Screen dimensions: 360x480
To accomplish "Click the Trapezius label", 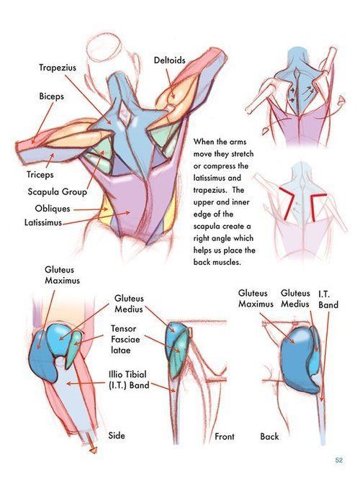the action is pos(58,68).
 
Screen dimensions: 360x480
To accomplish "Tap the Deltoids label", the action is pos(169,60).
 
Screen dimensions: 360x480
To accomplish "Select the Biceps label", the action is pos(51,96).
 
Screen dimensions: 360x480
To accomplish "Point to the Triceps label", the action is pos(40,175).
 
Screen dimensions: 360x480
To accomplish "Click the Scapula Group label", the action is pos(58,192).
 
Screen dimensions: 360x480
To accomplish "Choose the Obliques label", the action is pos(53,209).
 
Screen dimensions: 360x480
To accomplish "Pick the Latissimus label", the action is pos(43,222).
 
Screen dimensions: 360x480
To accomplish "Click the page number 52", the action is pos(339,460).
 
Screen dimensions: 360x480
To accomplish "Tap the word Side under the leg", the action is pos(117,435).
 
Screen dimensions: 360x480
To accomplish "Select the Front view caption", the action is pos(224,437).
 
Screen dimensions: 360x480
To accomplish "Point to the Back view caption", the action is pos(269,437).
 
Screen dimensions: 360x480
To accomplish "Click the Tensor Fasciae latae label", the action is pos(125,340).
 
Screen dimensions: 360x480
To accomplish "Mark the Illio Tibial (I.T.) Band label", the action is pos(129,380).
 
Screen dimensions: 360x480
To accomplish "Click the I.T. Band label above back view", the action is pos(328,299).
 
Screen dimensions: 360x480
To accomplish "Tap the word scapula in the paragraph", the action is pos(207,226).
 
